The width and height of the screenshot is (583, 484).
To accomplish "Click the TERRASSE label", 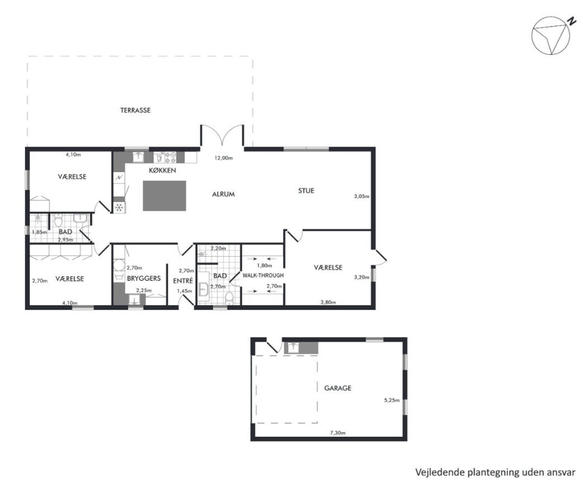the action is click(x=135, y=110).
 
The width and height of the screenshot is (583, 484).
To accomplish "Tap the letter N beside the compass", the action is click(x=571, y=21).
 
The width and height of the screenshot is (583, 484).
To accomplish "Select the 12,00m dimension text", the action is click(x=224, y=158).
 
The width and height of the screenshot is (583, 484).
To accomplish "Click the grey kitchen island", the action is click(x=164, y=196).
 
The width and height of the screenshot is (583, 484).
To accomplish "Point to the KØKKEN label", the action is click(x=162, y=170).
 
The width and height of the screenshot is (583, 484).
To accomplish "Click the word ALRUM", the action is click(x=223, y=194).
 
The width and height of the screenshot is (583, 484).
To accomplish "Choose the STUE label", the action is click(x=306, y=190).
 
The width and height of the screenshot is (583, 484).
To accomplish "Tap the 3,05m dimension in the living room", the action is click(x=361, y=196).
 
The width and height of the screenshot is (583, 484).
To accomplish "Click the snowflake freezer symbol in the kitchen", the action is click(x=119, y=207).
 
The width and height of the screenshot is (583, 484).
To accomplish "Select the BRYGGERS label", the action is click(x=144, y=278).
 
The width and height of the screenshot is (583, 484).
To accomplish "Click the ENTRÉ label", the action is click(x=183, y=281).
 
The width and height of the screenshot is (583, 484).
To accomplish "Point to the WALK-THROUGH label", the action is click(x=263, y=275).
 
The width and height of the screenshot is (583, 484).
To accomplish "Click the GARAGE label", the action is click(x=338, y=388).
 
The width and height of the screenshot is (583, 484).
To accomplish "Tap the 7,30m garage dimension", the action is click(x=338, y=433).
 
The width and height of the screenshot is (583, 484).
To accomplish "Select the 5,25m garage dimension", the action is click(x=392, y=400).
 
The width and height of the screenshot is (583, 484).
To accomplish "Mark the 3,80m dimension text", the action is click(x=328, y=302).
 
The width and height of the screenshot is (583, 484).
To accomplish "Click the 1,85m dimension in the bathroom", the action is click(x=39, y=232).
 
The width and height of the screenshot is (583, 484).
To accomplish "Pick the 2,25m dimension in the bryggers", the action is click(x=144, y=290).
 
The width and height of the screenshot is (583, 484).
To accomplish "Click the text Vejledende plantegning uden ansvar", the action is click(x=495, y=472).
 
